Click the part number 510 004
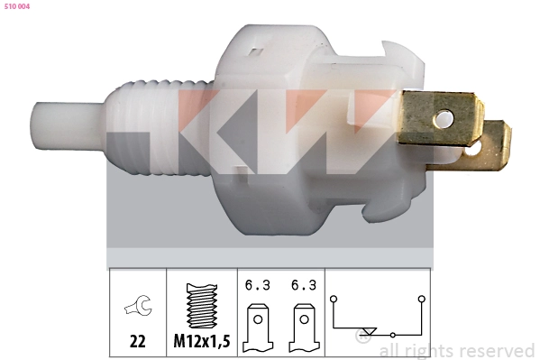pos(17,6)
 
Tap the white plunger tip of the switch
pos(69,126)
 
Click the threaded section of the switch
pos(160,127)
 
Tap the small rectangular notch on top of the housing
pos(255,52)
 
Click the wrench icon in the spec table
pos(138,305)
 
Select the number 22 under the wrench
pos(137,341)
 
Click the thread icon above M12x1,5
pos(202,306)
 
